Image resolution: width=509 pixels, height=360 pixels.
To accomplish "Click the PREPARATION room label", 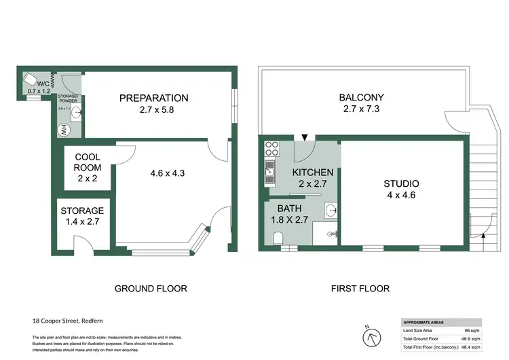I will (x=153, y=98).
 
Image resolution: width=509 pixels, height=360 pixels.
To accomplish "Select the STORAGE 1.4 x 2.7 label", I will (x=82, y=211).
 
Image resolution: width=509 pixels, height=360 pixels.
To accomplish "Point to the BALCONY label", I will (x=361, y=98).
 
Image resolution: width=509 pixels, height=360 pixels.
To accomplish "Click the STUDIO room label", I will (x=401, y=184).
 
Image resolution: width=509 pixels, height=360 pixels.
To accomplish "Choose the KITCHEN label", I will (x=312, y=173).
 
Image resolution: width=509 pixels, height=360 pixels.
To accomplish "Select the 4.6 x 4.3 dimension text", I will (x=167, y=173).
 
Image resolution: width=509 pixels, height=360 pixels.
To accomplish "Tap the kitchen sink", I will (x=269, y=170).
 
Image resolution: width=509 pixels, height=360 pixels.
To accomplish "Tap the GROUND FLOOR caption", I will (x=151, y=289).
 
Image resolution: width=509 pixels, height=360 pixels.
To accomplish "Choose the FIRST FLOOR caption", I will (x=360, y=289).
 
